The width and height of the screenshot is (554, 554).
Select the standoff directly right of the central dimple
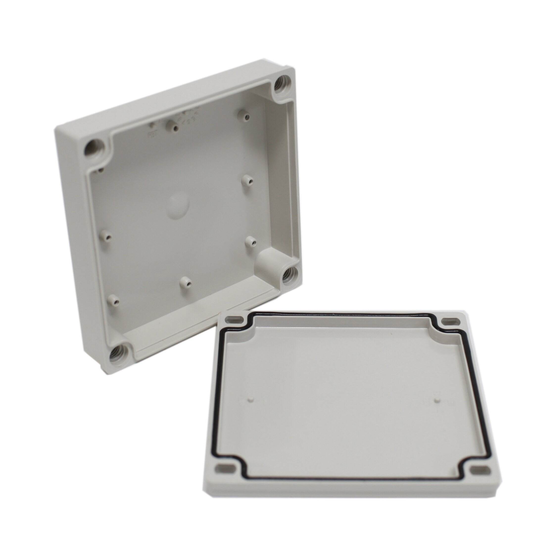click(x=247, y=180)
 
